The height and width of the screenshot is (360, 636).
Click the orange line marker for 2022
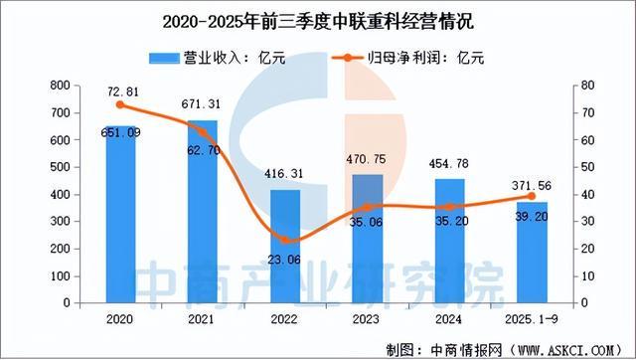pos(286,240)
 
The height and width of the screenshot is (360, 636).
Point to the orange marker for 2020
pos(121,104)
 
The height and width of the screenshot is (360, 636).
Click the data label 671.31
pos(204,103)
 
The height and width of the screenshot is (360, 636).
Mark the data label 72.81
pos(120,89)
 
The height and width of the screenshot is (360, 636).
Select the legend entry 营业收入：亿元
pos(221,58)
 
